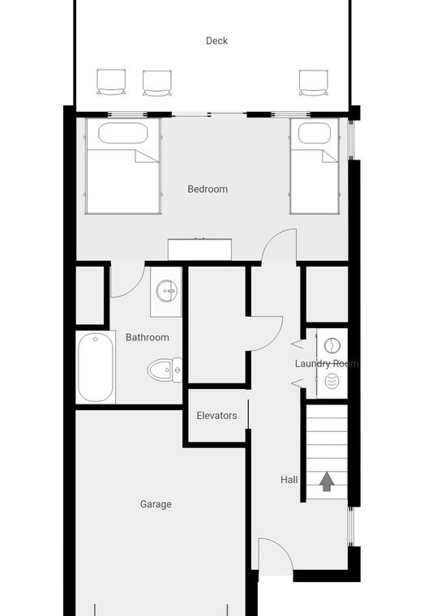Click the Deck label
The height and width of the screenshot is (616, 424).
pyautogui.click(x=216, y=41)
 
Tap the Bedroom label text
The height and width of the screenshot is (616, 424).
pyautogui.click(x=208, y=189)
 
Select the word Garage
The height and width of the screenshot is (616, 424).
pyautogui.click(x=156, y=504)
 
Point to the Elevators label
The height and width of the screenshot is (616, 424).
pyautogui.click(x=216, y=416)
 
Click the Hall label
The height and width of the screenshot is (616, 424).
pyautogui.click(x=289, y=480)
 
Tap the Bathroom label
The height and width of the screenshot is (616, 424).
pyautogui.click(x=148, y=337)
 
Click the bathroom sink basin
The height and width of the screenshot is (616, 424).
pyautogui.click(x=167, y=291)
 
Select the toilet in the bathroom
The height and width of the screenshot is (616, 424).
pyautogui.click(x=165, y=370)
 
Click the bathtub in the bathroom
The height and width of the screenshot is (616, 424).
pyautogui.click(x=96, y=367)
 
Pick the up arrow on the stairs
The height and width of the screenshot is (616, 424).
pyautogui.click(x=327, y=481)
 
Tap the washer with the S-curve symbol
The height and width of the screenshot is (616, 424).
pyautogui.click(x=332, y=346)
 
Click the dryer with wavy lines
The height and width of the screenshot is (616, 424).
pyautogui.click(x=332, y=381)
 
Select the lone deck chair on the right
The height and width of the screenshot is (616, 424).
pyautogui.click(x=313, y=83)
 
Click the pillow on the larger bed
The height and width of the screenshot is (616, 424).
pyautogui.click(x=122, y=133)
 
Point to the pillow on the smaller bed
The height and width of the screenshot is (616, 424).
pyautogui.click(x=315, y=133)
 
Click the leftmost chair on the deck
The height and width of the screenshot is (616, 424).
pyautogui.click(x=112, y=82)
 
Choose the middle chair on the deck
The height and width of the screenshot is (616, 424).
pyautogui.click(x=157, y=83)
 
